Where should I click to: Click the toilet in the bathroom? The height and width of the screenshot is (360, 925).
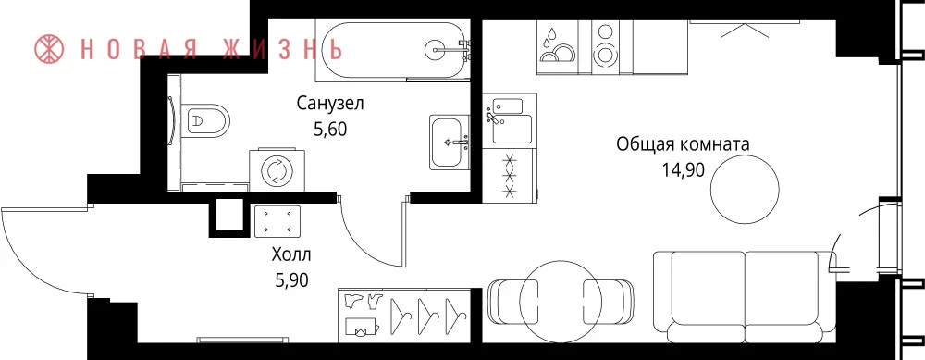pyautogui.click(x=204, y=120)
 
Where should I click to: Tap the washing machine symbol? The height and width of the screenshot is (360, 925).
pyautogui.click(x=277, y=170)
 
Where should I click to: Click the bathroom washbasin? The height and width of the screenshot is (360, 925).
pyautogui.click(x=449, y=143)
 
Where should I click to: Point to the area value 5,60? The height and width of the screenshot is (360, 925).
pyautogui.click(x=330, y=129)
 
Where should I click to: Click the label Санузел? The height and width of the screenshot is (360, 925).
pyautogui.click(x=330, y=105)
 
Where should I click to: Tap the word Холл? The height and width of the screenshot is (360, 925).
pyautogui.click(x=290, y=255)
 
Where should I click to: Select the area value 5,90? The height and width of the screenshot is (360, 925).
pyautogui.click(x=291, y=279)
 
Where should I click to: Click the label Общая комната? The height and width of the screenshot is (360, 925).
pyautogui.click(x=683, y=144)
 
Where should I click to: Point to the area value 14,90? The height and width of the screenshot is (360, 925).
pyautogui.click(x=684, y=170)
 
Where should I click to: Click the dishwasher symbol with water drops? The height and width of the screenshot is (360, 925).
pyautogui.click(x=557, y=47)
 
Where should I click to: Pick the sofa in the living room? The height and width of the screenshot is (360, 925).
pyautogui.click(x=745, y=296)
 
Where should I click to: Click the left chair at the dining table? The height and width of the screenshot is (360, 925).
pyautogui.click(x=513, y=301)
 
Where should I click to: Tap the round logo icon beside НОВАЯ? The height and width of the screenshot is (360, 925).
pyautogui.click(x=51, y=49)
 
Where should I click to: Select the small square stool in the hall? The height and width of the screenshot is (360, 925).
pyautogui.click(x=277, y=221)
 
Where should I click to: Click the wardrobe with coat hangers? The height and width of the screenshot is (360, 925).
pyautogui.click(x=405, y=316)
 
